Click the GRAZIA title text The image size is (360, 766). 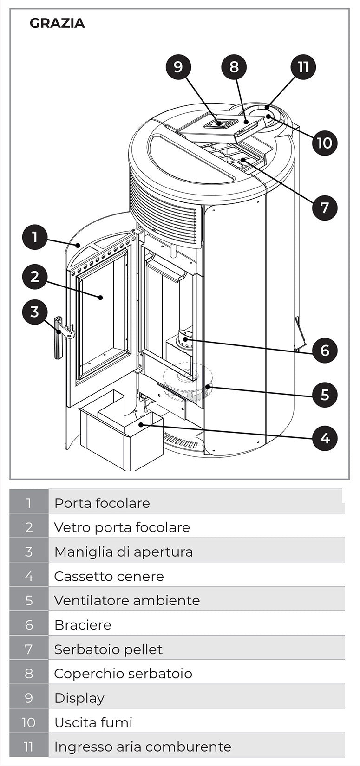(x=57, y=23)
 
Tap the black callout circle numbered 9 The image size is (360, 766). (x=178, y=67)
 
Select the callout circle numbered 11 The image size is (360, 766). (x=303, y=67)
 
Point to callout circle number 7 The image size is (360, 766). (x=324, y=208)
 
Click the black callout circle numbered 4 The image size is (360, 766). (x=324, y=438)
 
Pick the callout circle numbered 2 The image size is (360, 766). (x=35, y=277)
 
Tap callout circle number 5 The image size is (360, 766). (x=324, y=395)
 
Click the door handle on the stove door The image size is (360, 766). (x=59, y=338)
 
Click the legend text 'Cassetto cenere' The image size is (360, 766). (x=109, y=576)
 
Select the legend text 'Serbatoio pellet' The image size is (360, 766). (x=108, y=649)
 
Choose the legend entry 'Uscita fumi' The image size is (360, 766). (x=93, y=722)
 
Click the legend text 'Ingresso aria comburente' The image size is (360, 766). (x=142, y=747)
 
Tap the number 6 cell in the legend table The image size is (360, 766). (x=29, y=625)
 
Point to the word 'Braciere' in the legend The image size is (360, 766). (x=83, y=625)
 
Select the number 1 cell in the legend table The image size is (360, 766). (x=29, y=503)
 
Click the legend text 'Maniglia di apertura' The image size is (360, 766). (x=123, y=552)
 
